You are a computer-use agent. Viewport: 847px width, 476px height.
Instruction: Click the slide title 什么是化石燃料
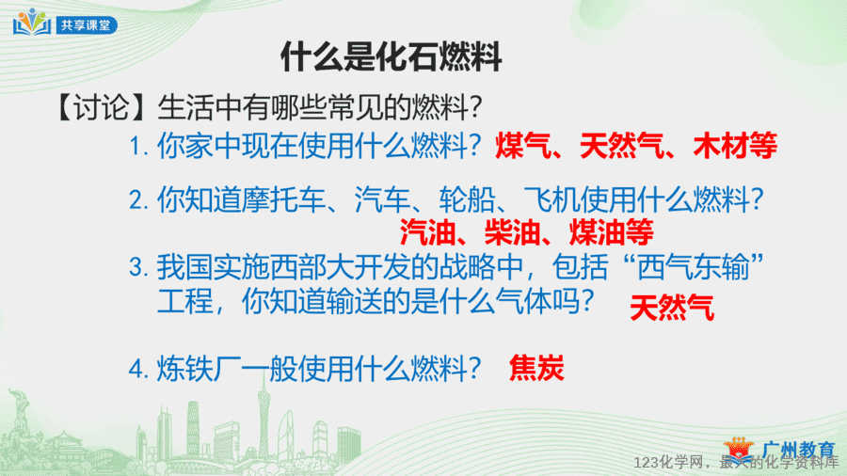(392, 56)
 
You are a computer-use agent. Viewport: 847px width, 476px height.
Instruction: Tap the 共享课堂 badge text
(86, 25)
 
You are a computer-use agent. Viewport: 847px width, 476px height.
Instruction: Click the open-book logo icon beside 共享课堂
(32, 23)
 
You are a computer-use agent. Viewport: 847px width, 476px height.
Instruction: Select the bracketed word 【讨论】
(101, 107)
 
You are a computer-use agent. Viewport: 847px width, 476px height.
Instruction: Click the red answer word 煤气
(523, 146)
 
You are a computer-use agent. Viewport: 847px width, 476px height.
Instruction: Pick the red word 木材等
(735, 146)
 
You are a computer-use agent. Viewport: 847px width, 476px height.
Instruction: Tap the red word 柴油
(513, 232)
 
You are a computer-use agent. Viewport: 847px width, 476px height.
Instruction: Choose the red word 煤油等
(612, 232)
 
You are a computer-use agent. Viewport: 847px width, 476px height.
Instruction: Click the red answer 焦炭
(536, 368)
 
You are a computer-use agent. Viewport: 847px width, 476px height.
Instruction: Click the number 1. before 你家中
(139, 147)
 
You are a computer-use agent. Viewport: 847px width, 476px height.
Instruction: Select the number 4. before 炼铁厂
(139, 371)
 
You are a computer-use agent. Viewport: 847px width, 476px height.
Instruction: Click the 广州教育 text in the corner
(799, 449)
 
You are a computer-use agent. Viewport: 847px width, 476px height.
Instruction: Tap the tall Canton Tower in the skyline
(264, 411)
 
